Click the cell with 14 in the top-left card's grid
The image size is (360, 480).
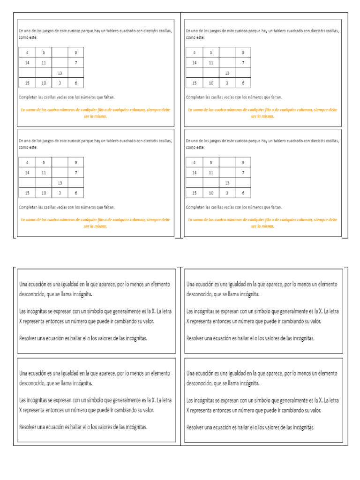27,62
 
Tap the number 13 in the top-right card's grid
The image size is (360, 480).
227,73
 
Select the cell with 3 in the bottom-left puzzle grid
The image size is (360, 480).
60,193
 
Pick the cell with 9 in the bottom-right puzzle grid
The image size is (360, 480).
242,163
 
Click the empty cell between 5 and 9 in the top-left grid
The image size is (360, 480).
60,52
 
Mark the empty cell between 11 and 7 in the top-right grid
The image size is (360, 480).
227,62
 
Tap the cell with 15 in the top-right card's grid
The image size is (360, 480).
194,83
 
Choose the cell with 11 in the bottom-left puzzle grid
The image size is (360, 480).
44,172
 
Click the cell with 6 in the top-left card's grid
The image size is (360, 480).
75,83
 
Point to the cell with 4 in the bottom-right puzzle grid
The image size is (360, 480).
194,163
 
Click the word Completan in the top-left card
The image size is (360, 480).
28,97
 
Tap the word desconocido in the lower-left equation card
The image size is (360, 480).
35,383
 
